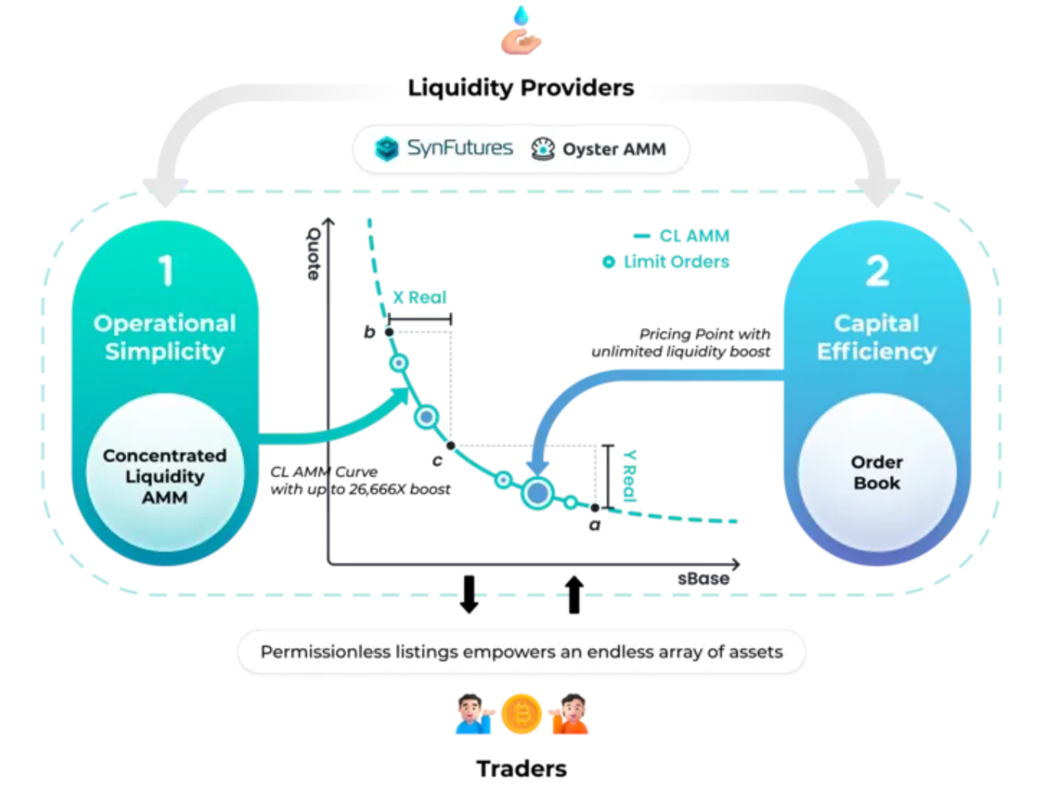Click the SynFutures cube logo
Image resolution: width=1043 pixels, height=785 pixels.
click(x=387, y=149)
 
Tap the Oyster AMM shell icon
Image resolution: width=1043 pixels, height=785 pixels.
click(x=543, y=149)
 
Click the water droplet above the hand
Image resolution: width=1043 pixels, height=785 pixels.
click(x=521, y=16)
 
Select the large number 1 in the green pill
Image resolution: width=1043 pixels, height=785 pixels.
click(x=165, y=270)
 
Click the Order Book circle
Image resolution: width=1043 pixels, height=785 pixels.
click(x=877, y=472)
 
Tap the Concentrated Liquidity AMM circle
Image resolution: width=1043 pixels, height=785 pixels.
click(x=165, y=473)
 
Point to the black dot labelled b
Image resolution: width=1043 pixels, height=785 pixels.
click(x=389, y=332)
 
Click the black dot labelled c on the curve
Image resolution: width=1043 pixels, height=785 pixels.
click(x=451, y=445)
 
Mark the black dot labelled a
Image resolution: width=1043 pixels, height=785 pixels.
click(x=595, y=507)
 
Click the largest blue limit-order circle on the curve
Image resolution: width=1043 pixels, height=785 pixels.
click(x=538, y=492)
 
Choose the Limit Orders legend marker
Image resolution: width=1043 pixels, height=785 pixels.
click(x=609, y=262)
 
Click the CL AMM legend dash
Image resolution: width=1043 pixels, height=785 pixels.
click(x=641, y=236)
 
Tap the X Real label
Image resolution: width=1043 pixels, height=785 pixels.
click(x=419, y=298)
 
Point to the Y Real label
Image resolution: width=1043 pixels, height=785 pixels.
click(x=630, y=475)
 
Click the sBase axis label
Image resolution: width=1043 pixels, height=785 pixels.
click(x=703, y=579)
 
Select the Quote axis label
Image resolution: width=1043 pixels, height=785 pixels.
click(x=314, y=254)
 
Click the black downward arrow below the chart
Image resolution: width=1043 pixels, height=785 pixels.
click(x=469, y=594)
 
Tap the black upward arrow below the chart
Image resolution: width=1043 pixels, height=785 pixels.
click(x=574, y=594)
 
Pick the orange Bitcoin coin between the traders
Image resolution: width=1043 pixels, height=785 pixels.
click(x=521, y=713)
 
